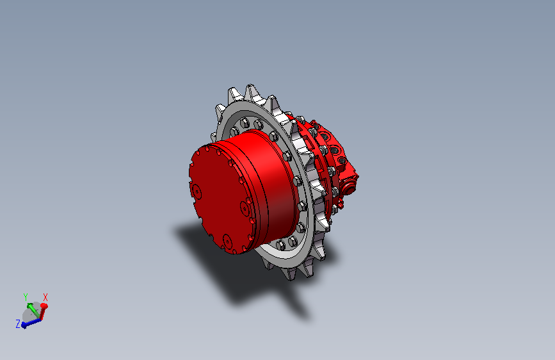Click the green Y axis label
(26, 297)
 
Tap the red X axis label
(45, 297)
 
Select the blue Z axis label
(18, 323)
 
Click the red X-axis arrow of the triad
(44, 311)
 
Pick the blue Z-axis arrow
(31, 323)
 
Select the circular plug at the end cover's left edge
(196, 192)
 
